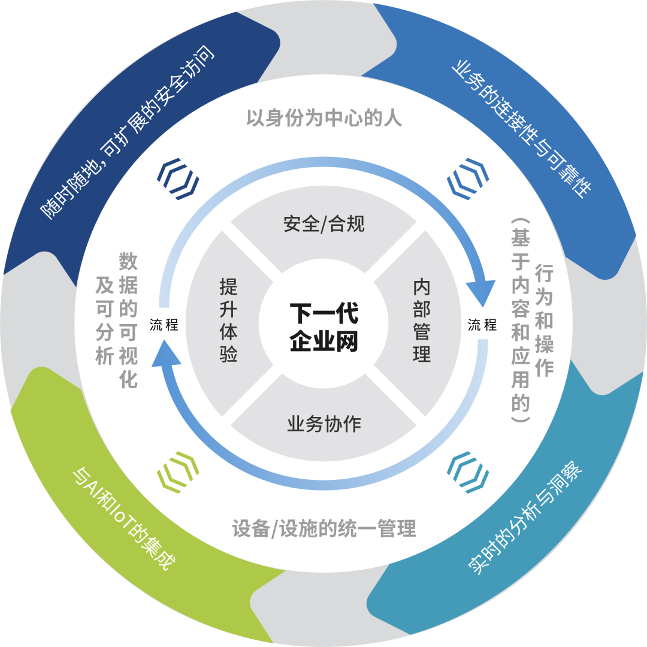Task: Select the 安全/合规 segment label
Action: (x=323, y=224)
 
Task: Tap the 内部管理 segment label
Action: (x=422, y=320)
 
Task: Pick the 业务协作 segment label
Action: (x=323, y=424)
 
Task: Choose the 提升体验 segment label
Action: (x=228, y=320)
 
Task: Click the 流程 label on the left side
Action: (x=164, y=325)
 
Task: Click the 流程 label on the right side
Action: (x=482, y=325)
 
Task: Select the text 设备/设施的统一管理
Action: (x=323, y=529)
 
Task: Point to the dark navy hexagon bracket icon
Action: (x=178, y=179)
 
